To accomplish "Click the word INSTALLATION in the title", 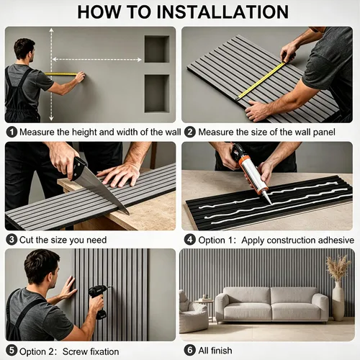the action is tap(222, 12).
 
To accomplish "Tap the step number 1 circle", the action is tap(12, 132).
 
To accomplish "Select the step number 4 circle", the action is tap(190, 240).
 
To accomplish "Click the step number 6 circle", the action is tap(190, 350).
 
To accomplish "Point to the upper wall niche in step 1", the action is tap(157, 49).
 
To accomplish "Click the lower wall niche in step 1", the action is tap(157, 94).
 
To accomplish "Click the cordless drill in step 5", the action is tap(99, 301).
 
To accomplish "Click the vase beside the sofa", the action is tap(338, 301).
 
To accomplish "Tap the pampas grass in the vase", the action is tap(338, 268).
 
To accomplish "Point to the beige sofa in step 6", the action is tap(272, 305).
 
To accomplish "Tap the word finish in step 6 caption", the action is tap(221, 351).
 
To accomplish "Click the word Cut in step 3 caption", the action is tap(27, 240).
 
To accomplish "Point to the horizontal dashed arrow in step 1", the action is tap(96, 59).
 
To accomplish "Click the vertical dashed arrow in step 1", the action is tap(51, 74).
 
